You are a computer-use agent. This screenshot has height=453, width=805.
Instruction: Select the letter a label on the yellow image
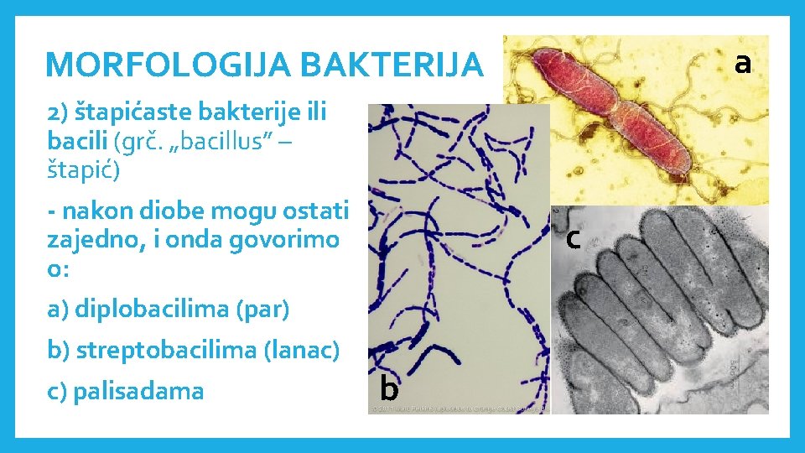[x=741, y=61]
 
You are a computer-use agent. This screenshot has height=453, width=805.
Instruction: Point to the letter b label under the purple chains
[x=388, y=388]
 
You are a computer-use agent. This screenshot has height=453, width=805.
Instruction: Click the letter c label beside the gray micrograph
[x=573, y=239]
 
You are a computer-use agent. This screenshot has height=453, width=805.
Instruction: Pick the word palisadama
[x=138, y=391]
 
